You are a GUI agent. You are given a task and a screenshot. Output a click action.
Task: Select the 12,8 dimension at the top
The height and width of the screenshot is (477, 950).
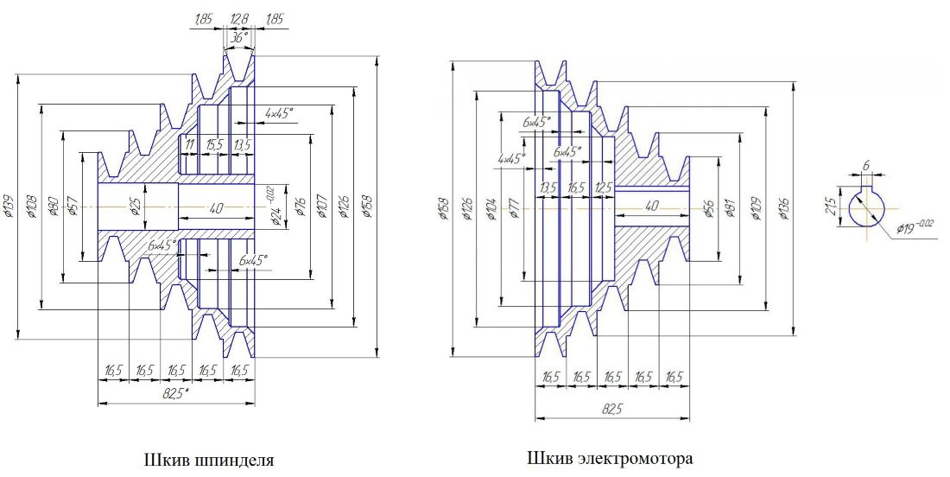(x=238, y=17)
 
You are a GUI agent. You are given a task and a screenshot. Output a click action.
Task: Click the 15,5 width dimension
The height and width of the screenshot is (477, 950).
(x=215, y=144)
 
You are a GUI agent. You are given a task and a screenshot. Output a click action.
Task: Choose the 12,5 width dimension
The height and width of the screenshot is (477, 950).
(x=604, y=187)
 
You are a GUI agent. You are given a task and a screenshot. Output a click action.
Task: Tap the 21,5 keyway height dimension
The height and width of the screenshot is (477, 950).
(x=833, y=207)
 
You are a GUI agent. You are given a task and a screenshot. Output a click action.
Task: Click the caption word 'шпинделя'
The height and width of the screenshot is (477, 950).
(x=237, y=459)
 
